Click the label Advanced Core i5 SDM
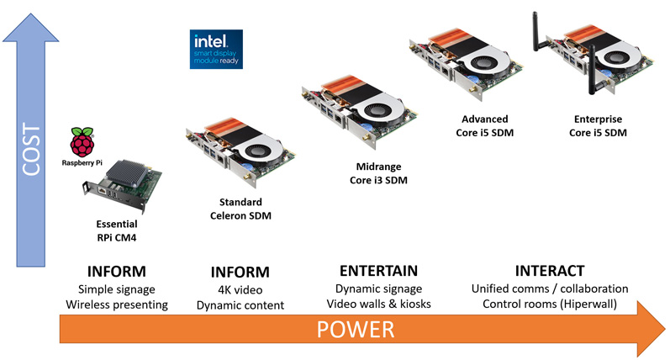pos(484,125)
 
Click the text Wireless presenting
pos(117,304)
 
